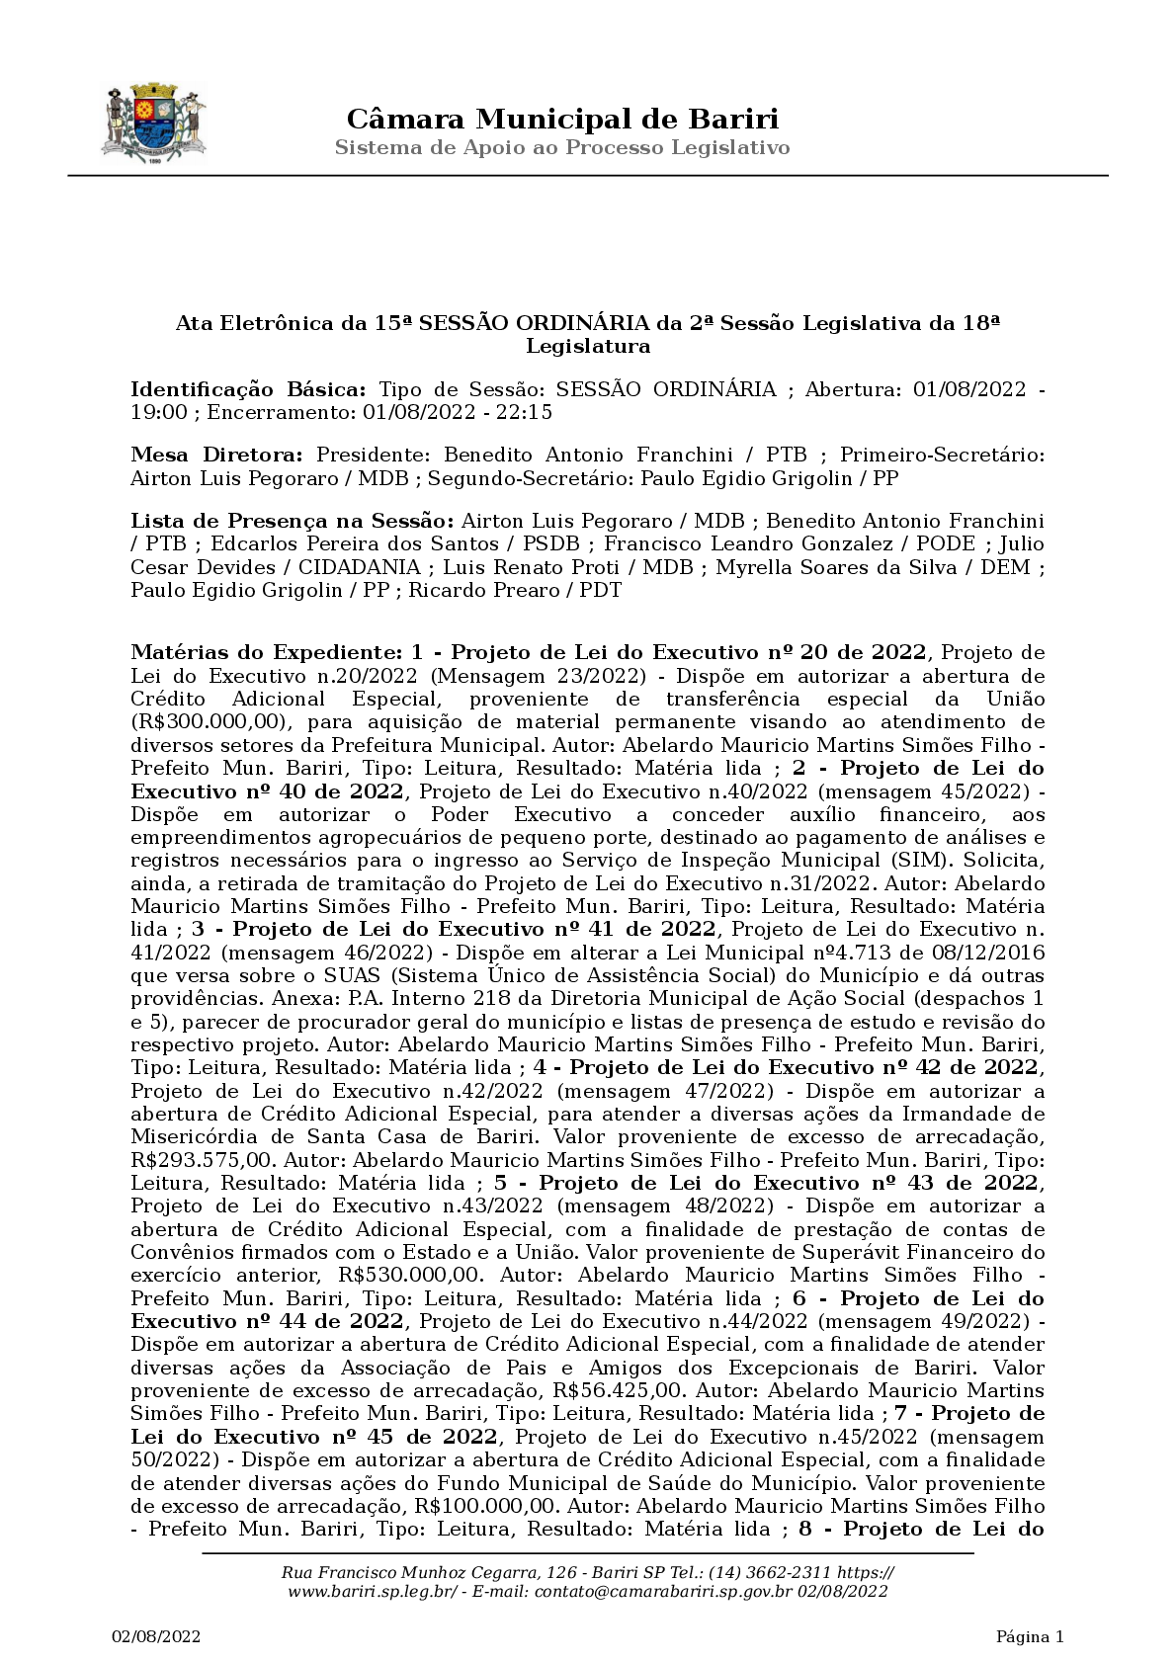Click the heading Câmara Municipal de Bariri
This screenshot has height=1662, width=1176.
click(562, 120)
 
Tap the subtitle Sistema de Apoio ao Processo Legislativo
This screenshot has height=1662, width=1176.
click(562, 148)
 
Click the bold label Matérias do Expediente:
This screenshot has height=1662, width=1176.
click(265, 652)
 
